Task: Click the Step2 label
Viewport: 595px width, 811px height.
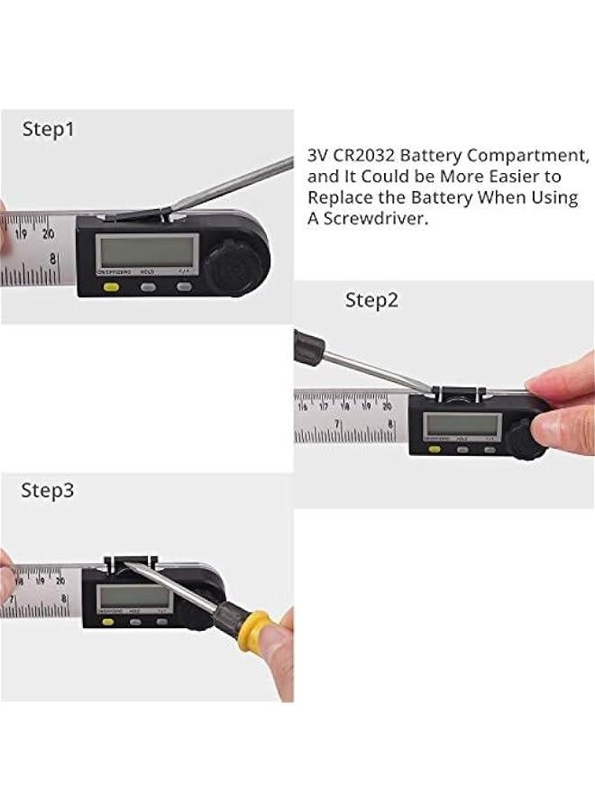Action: tap(371, 301)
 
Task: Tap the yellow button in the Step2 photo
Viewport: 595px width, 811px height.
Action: tap(431, 448)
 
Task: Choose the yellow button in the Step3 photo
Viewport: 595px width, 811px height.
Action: tap(104, 620)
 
